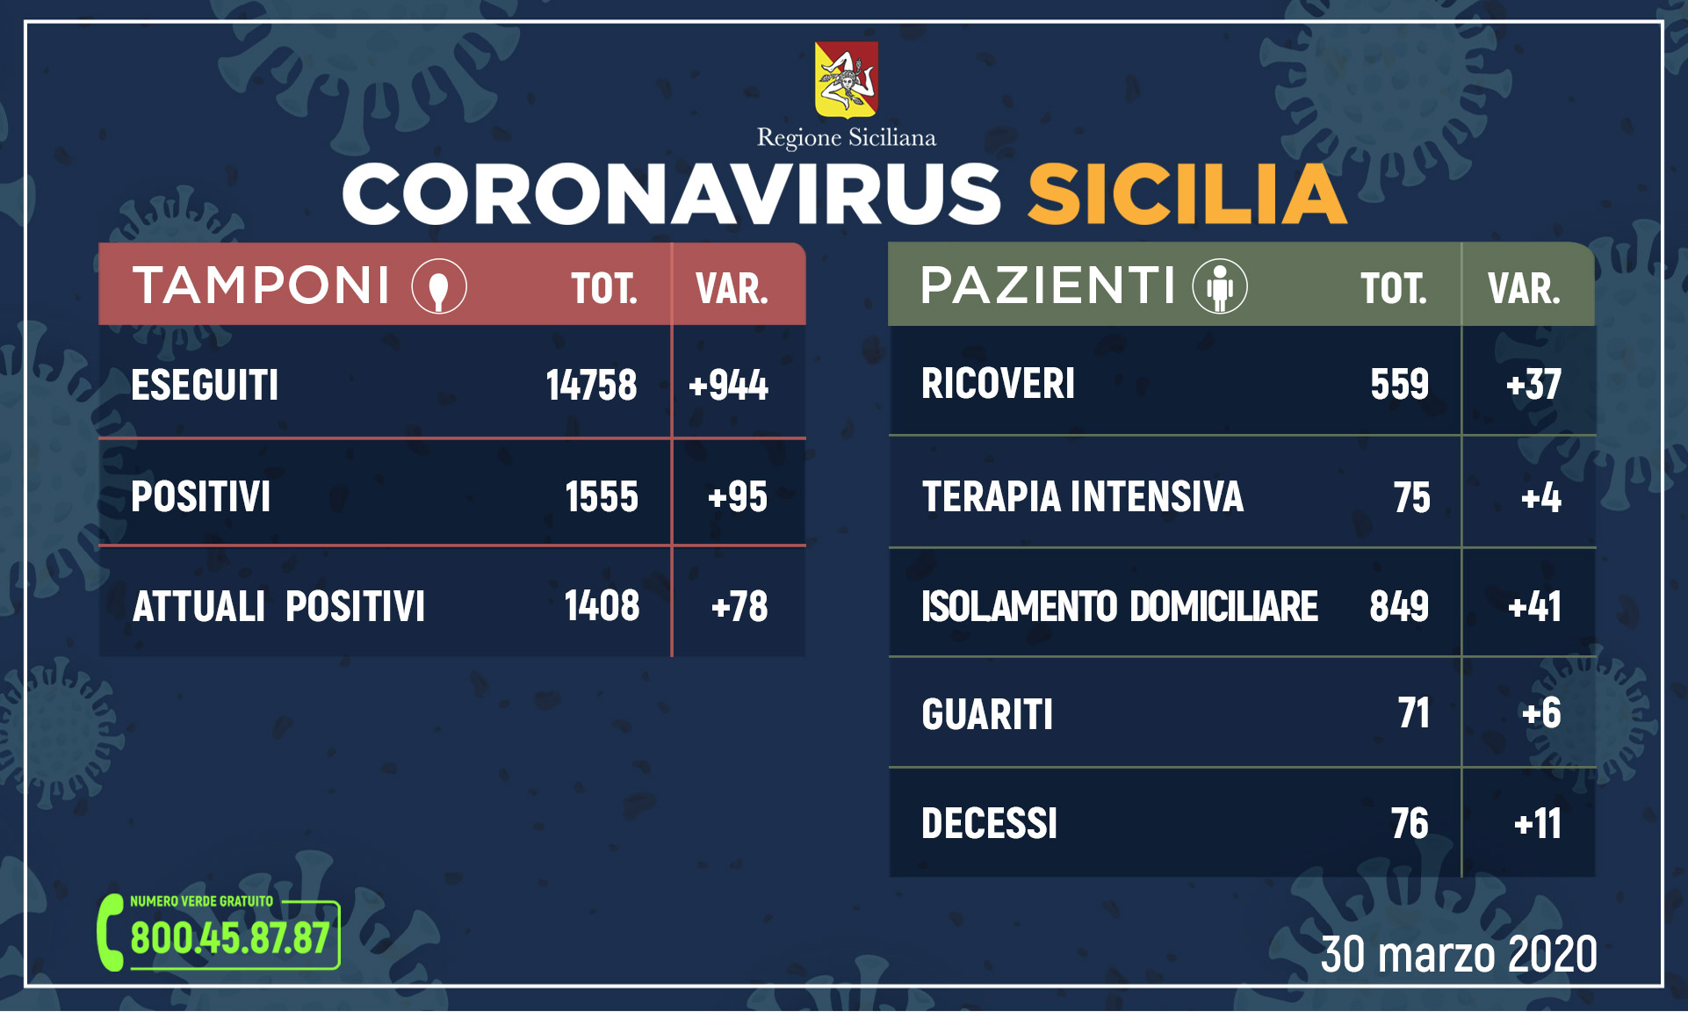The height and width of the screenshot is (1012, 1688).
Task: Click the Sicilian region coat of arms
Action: pyautogui.click(x=846, y=79)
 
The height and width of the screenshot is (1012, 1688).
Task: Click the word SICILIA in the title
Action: pyautogui.click(x=1187, y=194)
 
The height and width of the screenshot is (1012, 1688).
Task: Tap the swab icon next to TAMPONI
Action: pyautogui.click(x=439, y=286)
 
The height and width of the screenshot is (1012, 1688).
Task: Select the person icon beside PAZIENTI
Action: pyautogui.click(x=1219, y=286)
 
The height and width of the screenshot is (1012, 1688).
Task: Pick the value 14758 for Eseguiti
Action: pyautogui.click(x=591, y=386)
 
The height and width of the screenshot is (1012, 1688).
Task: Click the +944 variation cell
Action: pyautogui.click(x=728, y=386)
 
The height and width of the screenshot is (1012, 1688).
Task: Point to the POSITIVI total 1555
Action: pyautogui.click(x=601, y=497)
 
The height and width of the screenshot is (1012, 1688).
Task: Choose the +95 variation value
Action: pyautogui.click(x=738, y=497)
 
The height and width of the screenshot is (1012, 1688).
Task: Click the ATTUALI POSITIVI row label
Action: pyautogui.click(x=278, y=606)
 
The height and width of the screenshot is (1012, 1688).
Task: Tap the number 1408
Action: pyautogui.click(x=602, y=606)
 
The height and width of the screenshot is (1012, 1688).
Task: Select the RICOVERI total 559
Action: pyautogui.click(x=1399, y=384)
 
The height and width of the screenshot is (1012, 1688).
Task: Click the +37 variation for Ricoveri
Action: pyautogui.click(x=1533, y=384)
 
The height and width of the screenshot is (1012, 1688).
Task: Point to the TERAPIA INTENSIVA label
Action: pyautogui.click(x=1082, y=497)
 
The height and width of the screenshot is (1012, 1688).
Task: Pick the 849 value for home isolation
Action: pyautogui.click(x=1399, y=606)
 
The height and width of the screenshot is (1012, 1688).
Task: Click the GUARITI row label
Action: pyautogui.click(x=987, y=714)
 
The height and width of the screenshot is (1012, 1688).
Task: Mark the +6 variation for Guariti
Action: pyautogui.click(x=1541, y=713)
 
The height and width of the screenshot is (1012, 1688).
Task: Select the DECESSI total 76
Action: pyautogui.click(x=1409, y=824)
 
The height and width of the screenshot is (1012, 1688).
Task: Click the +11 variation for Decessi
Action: pyautogui.click(x=1538, y=824)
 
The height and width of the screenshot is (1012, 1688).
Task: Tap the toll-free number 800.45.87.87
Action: pyautogui.click(x=230, y=938)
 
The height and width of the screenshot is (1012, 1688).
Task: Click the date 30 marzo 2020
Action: pyautogui.click(x=1459, y=955)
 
